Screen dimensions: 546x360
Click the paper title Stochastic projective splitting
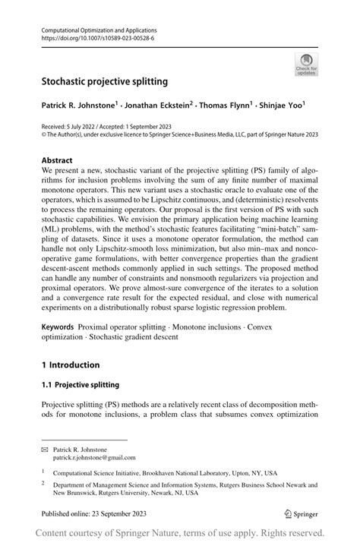(x=105, y=80)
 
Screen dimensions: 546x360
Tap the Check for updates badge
(x=306, y=64)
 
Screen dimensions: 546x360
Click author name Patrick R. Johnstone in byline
(x=81, y=106)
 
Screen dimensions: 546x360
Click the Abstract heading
(x=57, y=160)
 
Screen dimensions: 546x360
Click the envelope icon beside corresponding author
(x=44, y=450)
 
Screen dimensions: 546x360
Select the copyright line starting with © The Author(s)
(x=179, y=134)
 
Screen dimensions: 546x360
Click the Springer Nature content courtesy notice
(x=180, y=533)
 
